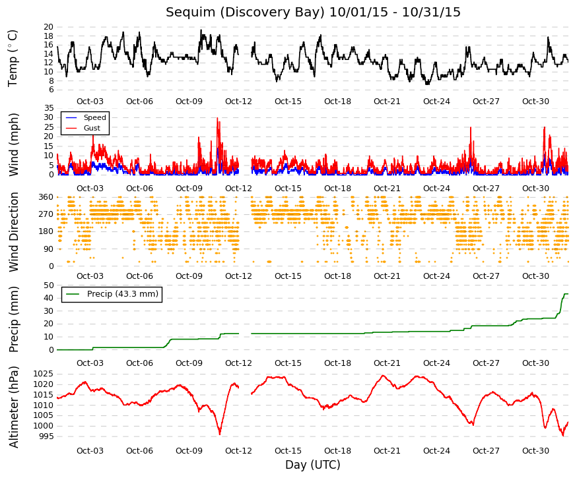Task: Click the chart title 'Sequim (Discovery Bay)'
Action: (245, 13)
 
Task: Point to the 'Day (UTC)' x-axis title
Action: (313, 465)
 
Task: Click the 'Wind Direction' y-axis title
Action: (14, 233)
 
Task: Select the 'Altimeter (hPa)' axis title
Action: (14, 407)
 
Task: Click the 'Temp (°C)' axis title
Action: (13, 59)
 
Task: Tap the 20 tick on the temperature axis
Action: (48, 27)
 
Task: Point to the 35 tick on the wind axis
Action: (48, 108)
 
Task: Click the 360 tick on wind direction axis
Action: (46, 197)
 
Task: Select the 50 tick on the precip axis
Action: (48, 285)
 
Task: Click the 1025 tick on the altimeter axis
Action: (44, 374)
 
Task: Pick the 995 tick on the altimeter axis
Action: (46, 436)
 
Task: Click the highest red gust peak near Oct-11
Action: (217, 118)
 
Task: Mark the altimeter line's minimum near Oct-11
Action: (220, 434)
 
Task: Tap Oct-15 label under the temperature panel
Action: (288, 102)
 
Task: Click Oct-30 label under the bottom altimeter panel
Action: (535, 451)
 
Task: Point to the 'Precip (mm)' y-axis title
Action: (14, 319)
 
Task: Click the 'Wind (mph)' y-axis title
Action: (14, 144)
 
